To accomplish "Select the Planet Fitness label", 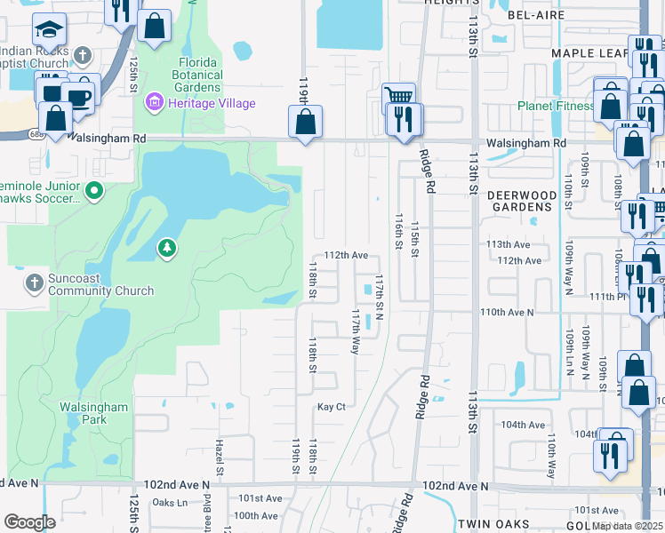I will click(x=557, y=107).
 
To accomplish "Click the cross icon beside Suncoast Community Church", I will click(x=34, y=283).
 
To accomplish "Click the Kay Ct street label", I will click(x=331, y=407).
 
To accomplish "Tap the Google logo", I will click(x=29, y=522).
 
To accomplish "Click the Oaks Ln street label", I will click(x=170, y=503).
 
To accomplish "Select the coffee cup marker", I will click(x=80, y=95).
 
